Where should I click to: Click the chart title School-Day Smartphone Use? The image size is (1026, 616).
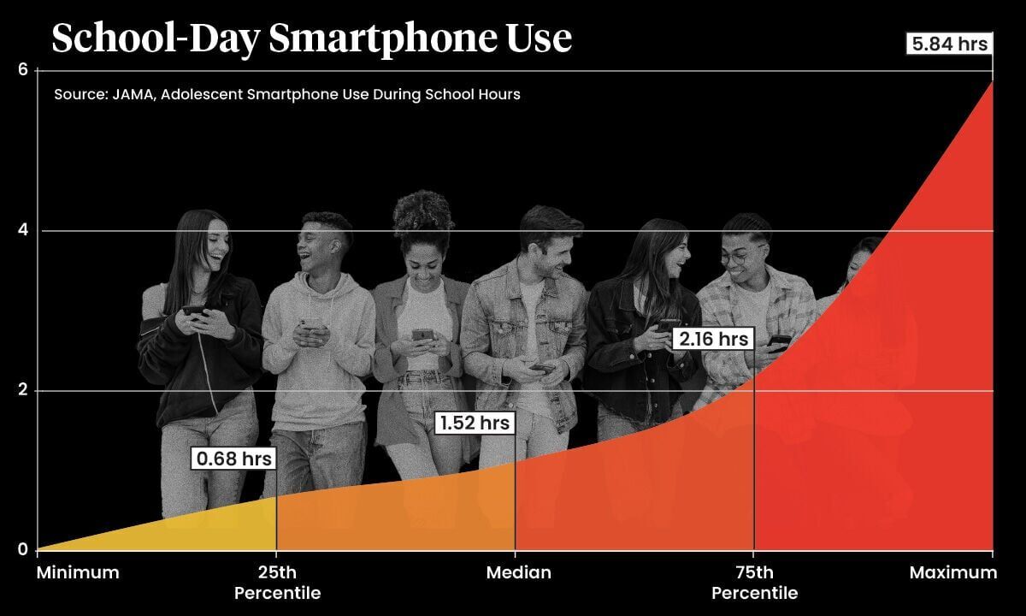pyautogui.click(x=311, y=38)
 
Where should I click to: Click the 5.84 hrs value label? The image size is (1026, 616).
pyautogui.click(x=949, y=44)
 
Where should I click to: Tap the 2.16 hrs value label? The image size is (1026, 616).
pyautogui.click(x=713, y=339)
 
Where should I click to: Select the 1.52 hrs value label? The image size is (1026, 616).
pyautogui.click(x=475, y=423)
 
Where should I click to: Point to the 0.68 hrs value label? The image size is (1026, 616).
pyautogui.click(x=233, y=459)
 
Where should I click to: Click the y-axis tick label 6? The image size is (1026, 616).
pyautogui.click(x=24, y=70)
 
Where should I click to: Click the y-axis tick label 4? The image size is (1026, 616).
pyautogui.click(x=24, y=230)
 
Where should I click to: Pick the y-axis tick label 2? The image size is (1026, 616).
pyautogui.click(x=24, y=390)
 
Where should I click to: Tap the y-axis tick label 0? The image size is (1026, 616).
pyautogui.click(x=24, y=550)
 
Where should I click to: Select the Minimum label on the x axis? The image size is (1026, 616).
pyautogui.click(x=78, y=572)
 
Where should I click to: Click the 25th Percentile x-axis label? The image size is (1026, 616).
pyautogui.click(x=277, y=583)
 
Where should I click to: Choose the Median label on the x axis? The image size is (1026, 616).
pyautogui.click(x=518, y=572)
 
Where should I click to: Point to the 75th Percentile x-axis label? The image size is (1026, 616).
pyautogui.click(x=754, y=583)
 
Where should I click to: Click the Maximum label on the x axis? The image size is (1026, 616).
pyautogui.click(x=952, y=572)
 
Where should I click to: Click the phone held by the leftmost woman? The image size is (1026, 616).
pyautogui.click(x=194, y=311)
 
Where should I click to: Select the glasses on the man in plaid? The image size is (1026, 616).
pyautogui.click(x=740, y=255)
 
